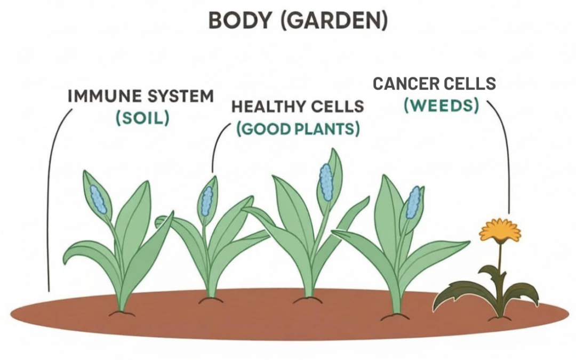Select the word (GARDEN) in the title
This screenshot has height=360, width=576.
tap(334, 21)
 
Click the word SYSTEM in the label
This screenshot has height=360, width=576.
tap(180, 96)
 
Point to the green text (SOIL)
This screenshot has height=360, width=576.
tap(142, 118)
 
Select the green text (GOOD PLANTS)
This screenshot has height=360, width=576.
tap(298, 129)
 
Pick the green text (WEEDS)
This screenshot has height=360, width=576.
tap(441, 106)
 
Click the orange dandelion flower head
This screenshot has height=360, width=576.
tap(500, 231)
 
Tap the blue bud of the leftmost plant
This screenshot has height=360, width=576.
tap(98, 199)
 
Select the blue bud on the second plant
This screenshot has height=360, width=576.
tap(207, 201)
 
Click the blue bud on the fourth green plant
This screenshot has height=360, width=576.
tap(414, 203)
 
